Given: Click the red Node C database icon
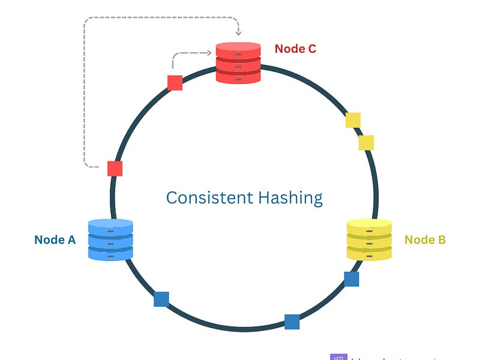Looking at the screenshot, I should point(238,63).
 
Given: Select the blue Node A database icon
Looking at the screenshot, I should point(110,239).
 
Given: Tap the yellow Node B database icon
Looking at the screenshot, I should point(369,239).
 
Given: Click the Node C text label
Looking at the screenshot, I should point(295,49).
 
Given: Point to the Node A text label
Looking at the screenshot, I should point(55,240).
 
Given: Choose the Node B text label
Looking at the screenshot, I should point(425,240).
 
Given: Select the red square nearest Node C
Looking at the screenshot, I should point(175,83).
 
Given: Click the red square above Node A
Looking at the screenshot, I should point(115,169).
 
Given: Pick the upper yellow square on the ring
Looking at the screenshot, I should point(353,120).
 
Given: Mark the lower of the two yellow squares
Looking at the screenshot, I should point(366,143).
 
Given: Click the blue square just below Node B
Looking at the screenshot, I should point(352,279).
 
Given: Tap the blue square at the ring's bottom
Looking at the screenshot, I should point(292,322).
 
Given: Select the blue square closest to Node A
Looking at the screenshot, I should point(161,299).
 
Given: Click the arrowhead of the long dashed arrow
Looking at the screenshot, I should point(238,34).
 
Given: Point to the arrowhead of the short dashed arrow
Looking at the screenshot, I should point(211,54).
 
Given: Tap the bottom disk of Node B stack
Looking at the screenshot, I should point(369,254).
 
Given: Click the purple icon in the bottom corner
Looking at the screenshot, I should point(338,356).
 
